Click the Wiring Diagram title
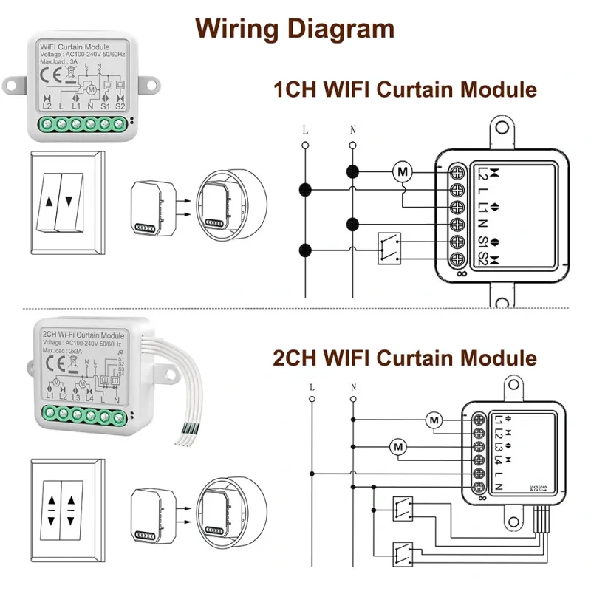point(295,29)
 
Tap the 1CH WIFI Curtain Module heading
point(405,90)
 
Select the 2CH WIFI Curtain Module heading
point(405,359)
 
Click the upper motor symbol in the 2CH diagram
point(434,421)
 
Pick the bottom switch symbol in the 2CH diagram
point(403,551)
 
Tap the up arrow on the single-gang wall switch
point(49,200)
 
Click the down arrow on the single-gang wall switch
point(70,200)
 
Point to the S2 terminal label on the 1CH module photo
point(120,106)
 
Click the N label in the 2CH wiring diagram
point(353,387)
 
